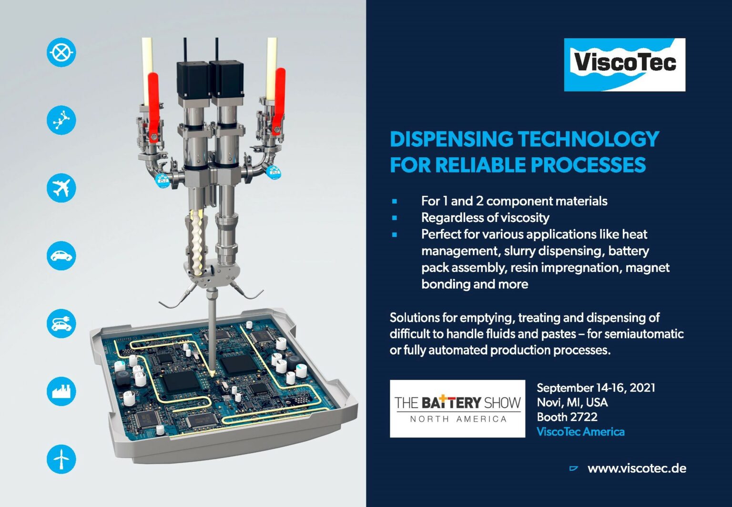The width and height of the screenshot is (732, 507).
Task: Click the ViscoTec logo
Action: tap(624, 64)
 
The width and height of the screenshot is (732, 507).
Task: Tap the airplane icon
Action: tap(61, 188)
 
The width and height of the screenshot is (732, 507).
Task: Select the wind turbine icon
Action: tap(61, 459)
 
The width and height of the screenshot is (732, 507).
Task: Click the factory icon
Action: tap(61, 391)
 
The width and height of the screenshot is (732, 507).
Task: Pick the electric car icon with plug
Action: tap(61, 323)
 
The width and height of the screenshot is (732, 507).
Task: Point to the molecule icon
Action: tap(61, 120)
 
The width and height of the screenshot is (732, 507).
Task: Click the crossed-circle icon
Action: tap(61, 52)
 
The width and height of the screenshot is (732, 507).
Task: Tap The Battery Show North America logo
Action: tap(457, 408)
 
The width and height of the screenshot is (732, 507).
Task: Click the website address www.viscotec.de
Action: tap(637, 468)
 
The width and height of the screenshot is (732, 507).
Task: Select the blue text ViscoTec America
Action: tap(580, 432)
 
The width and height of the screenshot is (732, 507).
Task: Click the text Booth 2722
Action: tap(567, 417)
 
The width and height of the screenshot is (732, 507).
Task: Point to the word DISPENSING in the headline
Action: tap(451, 139)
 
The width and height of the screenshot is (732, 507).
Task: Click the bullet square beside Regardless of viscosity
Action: tap(395, 218)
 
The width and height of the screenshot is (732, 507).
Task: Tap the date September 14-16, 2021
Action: tap(596, 387)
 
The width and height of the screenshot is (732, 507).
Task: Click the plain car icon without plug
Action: tap(61, 255)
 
